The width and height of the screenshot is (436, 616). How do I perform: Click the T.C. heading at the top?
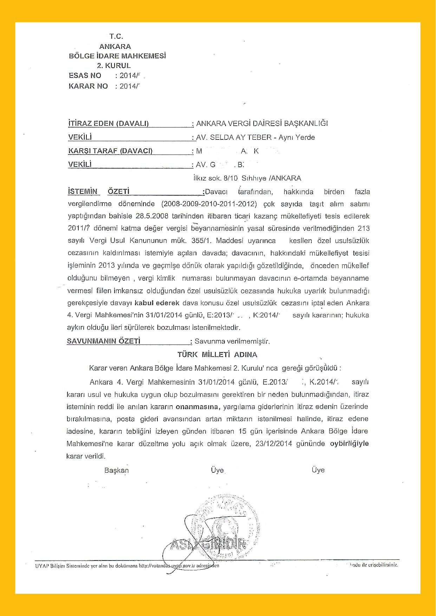tap(116, 36)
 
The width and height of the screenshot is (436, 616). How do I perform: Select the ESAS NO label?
tap(85, 76)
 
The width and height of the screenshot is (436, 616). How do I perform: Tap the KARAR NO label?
tap(88, 86)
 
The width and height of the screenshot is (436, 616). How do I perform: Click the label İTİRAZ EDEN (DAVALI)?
tap(108, 123)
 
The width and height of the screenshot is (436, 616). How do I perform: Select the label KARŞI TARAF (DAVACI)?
tap(110, 151)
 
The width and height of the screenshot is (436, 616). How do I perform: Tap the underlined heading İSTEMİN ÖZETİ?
tap(98, 191)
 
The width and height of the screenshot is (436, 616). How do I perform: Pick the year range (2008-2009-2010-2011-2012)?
tap(209, 204)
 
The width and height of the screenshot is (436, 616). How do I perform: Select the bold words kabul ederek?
tap(157, 303)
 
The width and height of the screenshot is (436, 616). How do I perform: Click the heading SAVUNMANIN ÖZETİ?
tap(104, 341)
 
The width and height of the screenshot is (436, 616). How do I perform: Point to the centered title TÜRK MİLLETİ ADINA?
tap(217, 355)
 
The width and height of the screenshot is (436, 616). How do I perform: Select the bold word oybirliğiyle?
tap(349, 444)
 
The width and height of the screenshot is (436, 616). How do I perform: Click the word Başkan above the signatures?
tap(117, 470)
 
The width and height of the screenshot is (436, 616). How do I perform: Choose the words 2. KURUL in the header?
tap(114, 66)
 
